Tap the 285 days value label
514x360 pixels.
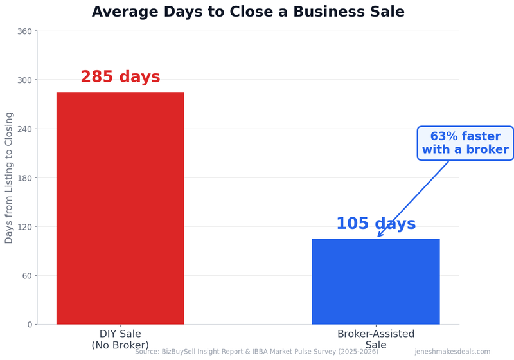click(120, 77)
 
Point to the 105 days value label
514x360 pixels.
click(376, 224)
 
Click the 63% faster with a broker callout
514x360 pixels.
click(465, 143)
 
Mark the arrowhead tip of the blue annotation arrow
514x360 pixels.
click(378, 237)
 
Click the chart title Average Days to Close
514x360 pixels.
click(248, 12)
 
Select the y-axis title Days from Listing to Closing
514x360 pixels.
click(9, 177)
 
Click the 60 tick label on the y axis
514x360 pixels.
click(26, 276)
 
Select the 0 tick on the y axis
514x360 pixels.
click(29, 325)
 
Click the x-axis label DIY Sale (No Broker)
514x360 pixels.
click(120, 339)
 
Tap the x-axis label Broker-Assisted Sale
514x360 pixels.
click(376, 339)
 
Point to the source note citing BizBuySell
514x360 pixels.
click(256, 352)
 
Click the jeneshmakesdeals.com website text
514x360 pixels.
click(452, 352)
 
